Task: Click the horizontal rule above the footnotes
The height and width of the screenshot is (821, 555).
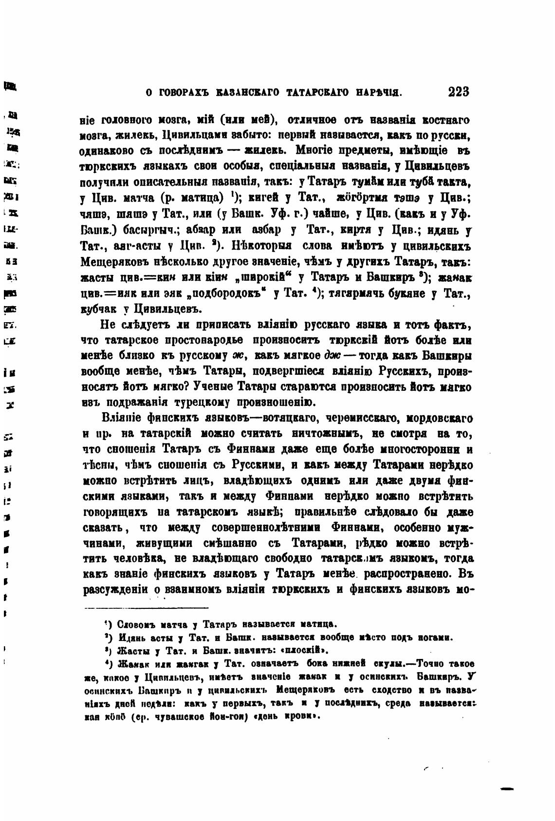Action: (x=146, y=607)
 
